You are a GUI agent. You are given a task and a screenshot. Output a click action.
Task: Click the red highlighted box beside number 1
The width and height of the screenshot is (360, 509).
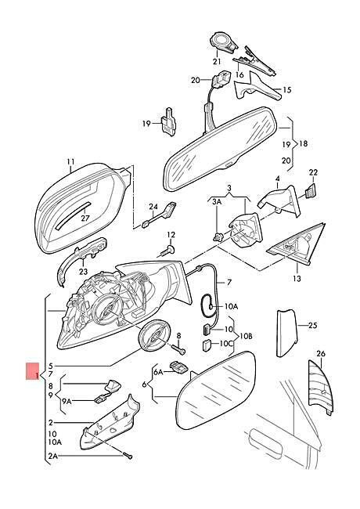pos(33,371)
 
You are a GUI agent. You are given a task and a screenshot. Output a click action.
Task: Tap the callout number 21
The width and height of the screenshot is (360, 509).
pos(217,61)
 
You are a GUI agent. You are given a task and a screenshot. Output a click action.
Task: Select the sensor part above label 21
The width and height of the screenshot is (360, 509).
pos(223,43)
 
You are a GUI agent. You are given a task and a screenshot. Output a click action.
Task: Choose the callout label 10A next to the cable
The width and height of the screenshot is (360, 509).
pos(231,306)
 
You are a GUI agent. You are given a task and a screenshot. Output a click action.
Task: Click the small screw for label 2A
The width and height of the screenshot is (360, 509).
pos(128,456)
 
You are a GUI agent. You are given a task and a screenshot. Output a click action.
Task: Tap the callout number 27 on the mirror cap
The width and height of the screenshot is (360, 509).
pos(85,218)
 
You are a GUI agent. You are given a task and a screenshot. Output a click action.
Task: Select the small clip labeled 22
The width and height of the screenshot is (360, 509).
pos(311,191)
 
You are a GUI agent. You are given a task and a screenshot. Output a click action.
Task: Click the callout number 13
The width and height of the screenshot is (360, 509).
pos(297,278)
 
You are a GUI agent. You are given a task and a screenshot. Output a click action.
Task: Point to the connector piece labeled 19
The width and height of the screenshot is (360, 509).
pos(168,121)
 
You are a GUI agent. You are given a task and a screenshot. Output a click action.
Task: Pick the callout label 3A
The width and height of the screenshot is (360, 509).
pos(217,202)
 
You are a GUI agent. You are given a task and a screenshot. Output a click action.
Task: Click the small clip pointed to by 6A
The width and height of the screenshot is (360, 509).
pos(178,368)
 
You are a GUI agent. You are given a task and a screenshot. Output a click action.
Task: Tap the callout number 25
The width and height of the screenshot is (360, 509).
pos(312,325)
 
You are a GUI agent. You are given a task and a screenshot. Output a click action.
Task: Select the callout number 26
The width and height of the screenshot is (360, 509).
pos(321,353)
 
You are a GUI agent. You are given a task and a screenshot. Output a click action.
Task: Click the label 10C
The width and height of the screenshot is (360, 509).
pos(226,343)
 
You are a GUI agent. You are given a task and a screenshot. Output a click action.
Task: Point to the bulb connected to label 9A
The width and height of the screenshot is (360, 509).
pos(100,399)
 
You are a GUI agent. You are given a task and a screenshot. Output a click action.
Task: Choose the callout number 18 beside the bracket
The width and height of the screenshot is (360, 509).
pos(303,144)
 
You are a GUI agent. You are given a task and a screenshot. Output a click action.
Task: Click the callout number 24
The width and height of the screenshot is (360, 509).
pos(153,207)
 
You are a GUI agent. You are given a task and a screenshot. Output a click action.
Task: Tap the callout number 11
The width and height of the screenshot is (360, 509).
pos(70,161)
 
